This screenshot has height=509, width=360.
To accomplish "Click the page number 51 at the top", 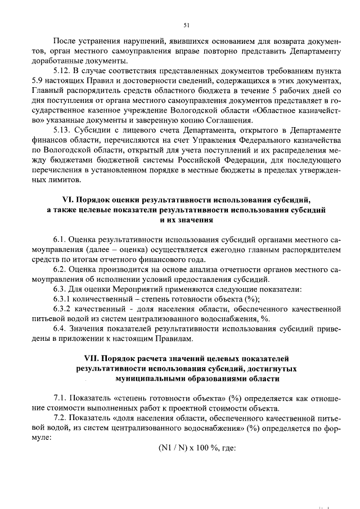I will (186, 25).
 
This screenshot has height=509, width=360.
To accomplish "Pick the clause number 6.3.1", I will (63, 299).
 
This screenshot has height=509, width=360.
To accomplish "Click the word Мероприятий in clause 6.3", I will (124, 289).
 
